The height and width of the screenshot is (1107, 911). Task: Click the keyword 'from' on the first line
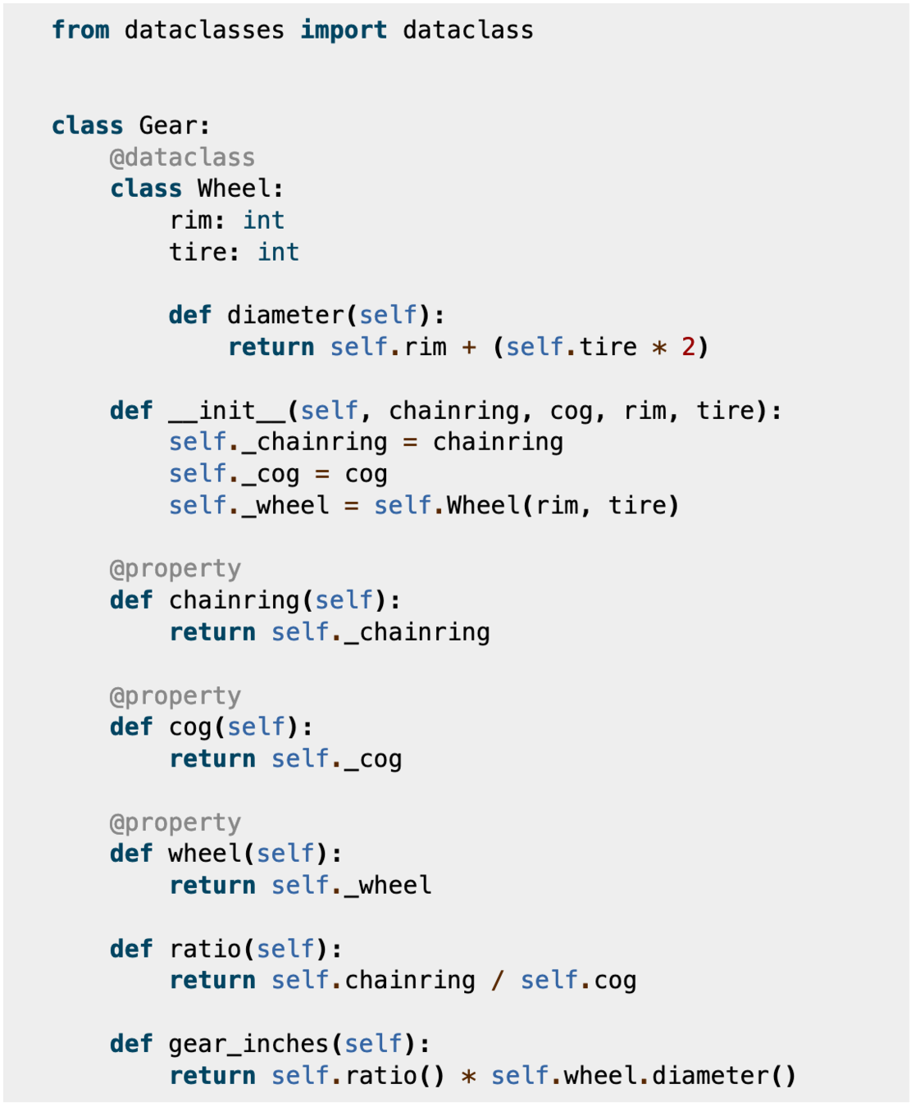click(x=80, y=30)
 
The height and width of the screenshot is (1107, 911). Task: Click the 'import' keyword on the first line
click(x=344, y=30)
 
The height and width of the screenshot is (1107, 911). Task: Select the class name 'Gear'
click(x=168, y=125)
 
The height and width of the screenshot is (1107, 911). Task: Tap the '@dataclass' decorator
click(x=183, y=157)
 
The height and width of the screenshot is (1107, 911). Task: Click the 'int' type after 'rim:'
click(x=263, y=221)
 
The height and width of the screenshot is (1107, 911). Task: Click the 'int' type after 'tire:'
click(x=278, y=253)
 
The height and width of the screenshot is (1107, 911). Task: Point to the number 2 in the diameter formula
click(x=688, y=347)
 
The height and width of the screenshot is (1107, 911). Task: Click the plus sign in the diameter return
click(x=469, y=347)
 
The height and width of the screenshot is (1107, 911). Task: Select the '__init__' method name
click(x=227, y=410)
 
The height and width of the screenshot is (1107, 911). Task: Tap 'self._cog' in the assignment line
click(x=235, y=474)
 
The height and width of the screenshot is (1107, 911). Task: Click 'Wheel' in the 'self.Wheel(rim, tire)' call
click(x=483, y=505)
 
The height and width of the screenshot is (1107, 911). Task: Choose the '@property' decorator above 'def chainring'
click(x=175, y=568)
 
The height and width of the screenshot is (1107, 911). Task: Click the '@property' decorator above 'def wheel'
click(x=175, y=822)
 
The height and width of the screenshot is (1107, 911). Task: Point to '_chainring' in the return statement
click(x=417, y=632)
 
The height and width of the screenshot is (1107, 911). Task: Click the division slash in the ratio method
click(x=498, y=981)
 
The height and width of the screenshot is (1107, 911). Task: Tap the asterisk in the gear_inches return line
click(x=468, y=1076)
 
